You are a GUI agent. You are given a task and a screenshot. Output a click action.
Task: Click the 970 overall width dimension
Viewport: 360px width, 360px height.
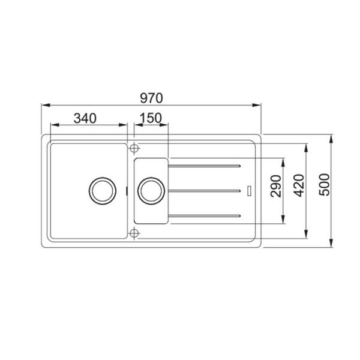click(x=151, y=98)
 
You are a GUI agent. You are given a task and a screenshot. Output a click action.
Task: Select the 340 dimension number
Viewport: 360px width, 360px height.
click(x=85, y=118)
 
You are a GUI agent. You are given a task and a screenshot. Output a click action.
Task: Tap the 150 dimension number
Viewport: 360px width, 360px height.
click(x=151, y=118)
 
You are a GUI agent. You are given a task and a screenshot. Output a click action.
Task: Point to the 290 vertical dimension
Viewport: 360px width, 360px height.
click(x=276, y=186)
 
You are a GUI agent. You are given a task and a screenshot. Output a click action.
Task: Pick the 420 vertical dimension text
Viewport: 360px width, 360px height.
click(x=299, y=186)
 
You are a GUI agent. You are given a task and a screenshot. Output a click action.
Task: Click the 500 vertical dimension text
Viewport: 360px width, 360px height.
click(x=325, y=185)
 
